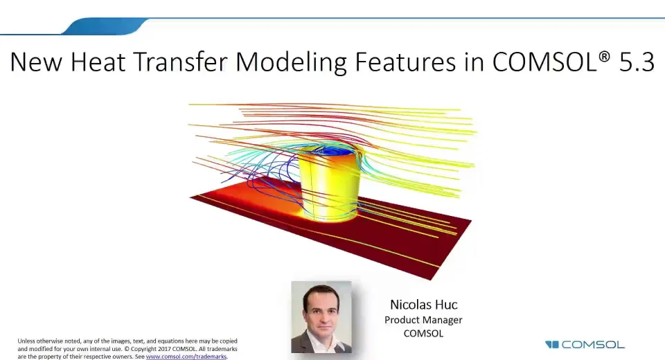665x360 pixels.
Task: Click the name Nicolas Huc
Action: (423, 305)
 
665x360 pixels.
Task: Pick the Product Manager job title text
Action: (423, 320)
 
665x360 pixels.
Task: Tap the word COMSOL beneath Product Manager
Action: (423, 333)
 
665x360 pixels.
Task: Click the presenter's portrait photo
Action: (321, 317)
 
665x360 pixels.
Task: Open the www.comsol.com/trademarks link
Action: (186, 357)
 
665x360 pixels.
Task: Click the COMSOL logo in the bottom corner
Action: (585, 344)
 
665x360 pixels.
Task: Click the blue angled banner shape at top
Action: (104, 27)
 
